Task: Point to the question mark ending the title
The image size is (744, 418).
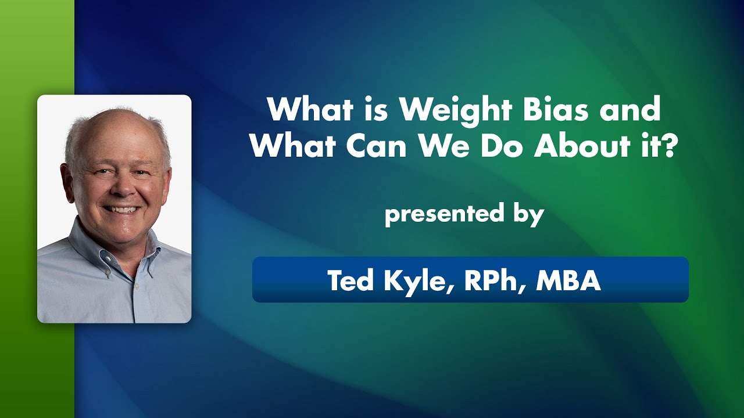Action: (671, 147)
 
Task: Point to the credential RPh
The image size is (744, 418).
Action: (493, 280)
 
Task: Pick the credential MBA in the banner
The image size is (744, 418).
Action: (568, 280)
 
